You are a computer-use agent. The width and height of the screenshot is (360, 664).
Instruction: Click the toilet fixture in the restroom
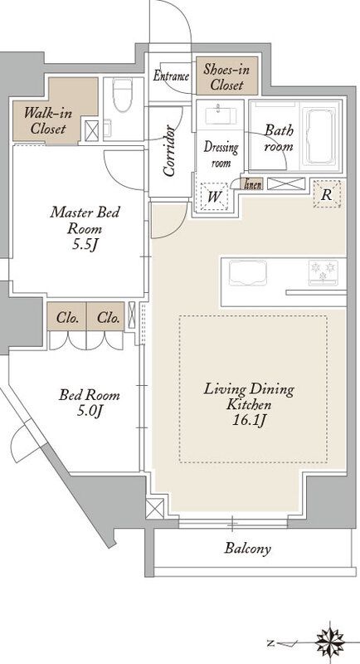point(122,94)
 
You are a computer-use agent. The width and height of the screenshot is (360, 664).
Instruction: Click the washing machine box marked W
point(214,196)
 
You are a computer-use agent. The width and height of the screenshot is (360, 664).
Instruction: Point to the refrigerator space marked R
point(327,194)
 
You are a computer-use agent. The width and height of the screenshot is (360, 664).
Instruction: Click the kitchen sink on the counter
point(248,273)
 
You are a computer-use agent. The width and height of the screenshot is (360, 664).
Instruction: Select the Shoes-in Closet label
point(226,77)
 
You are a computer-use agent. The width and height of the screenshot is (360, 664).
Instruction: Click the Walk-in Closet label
point(48,120)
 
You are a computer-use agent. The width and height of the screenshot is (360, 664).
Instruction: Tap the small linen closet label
point(252,184)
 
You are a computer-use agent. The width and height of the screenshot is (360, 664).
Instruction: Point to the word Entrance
point(171,76)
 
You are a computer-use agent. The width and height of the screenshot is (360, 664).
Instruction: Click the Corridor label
point(170,150)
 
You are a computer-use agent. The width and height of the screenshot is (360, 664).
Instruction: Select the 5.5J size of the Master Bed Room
point(85,245)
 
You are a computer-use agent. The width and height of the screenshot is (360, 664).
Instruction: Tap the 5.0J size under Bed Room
point(90,410)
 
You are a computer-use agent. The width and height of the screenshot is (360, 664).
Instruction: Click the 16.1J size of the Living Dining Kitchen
point(249,420)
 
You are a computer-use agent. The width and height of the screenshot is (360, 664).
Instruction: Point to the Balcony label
point(247,549)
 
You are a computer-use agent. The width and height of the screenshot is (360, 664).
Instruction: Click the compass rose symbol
point(330,642)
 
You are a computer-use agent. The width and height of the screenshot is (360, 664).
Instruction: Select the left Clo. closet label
point(68,317)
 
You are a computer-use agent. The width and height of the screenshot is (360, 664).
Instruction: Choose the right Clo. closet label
point(108,317)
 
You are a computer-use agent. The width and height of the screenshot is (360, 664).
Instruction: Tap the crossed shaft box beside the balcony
point(155,508)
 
